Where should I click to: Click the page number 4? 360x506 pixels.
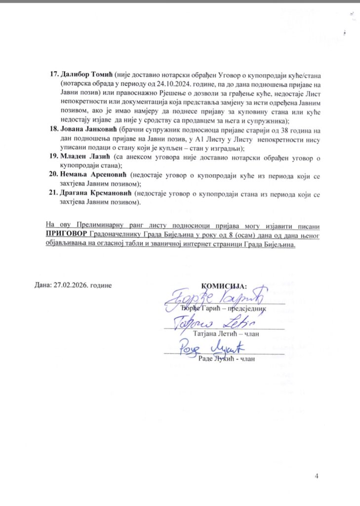(x=317, y=476)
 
